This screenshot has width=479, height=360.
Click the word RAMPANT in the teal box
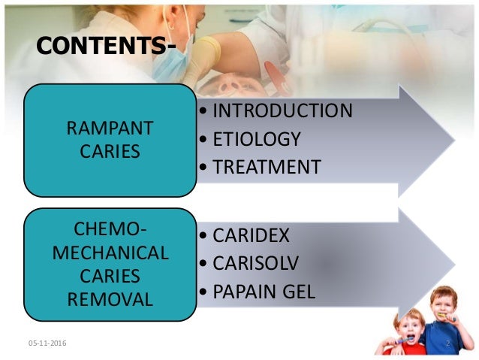pos(110,129)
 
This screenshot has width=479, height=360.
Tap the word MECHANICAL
pos(110,253)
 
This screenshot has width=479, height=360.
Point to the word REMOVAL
pos(110,300)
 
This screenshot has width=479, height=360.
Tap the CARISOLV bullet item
pos(252,263)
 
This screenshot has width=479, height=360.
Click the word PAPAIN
pos(243,291)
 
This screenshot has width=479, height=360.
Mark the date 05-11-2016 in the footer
pos(47,343)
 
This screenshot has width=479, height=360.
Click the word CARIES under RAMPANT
pos(110,152)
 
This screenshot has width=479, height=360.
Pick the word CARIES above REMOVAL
pos(110,276)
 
